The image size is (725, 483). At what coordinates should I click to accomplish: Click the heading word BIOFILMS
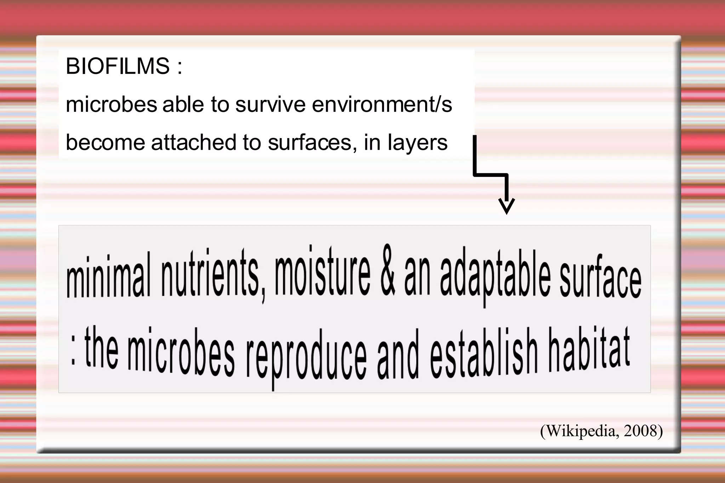(x=118, y=66)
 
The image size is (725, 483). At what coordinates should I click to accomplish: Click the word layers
(x=417, y=143)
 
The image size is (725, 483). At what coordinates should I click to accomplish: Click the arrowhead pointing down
(x=506, y=206)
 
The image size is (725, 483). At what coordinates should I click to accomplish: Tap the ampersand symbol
(x=388, y=271)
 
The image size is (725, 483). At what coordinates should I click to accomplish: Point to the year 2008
(x=640, y=431)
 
